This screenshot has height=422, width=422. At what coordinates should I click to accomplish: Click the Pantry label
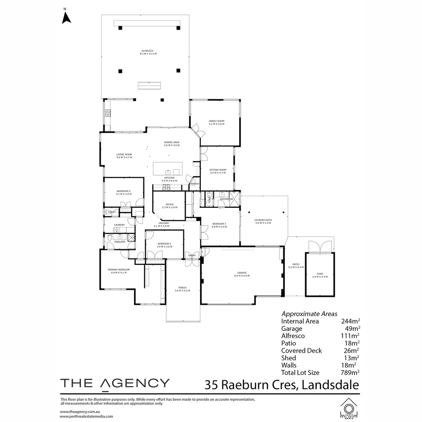pos(195,184)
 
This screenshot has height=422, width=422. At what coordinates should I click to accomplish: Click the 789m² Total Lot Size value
pos(350,372)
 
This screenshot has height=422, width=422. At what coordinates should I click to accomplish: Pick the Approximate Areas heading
pos(309,313)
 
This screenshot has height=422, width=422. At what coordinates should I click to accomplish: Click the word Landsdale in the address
pos(331,385)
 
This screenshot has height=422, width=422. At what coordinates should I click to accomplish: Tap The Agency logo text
pos(115,383)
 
